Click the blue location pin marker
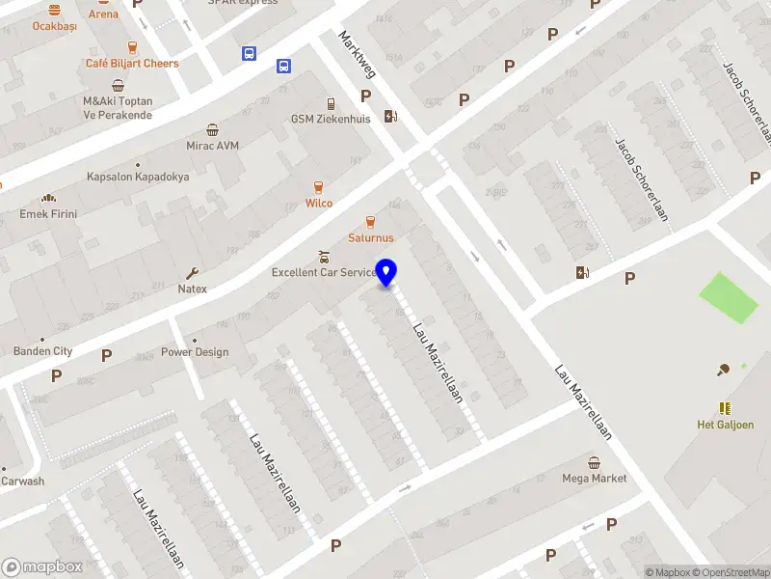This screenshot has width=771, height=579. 386,273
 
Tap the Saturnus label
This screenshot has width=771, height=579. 371,237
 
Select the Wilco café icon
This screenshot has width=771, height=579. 319,187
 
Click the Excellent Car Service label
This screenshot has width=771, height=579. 324,272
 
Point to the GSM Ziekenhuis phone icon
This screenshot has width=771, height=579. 331,104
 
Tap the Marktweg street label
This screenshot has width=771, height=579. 355,53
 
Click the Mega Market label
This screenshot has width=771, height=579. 594,478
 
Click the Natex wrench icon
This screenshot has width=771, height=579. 192,273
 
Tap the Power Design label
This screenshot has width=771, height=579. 195,352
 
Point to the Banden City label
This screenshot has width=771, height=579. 42,351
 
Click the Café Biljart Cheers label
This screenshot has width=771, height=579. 132,64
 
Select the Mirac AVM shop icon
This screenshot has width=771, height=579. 212,130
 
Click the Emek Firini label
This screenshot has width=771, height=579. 48,213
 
